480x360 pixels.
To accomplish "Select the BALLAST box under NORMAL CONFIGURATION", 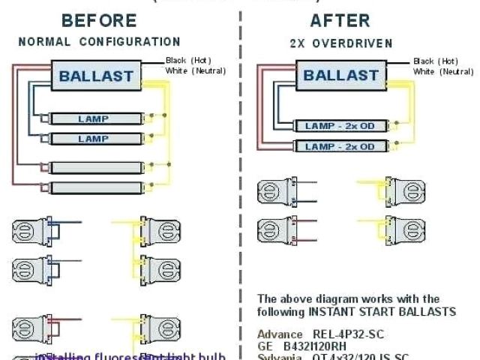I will [x=96, y=76].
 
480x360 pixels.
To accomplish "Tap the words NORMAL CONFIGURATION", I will [x=99, y=42].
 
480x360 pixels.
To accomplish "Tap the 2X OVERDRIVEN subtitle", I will [x=340, y=43].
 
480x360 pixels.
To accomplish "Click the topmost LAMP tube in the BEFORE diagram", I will [x=94, y=119].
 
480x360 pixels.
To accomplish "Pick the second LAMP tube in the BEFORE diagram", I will [x=94, y=139].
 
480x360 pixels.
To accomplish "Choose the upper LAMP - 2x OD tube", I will [x=340, y=126].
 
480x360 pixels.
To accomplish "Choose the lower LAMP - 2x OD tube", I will [x=340, y=147].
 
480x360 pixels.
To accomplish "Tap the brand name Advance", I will [x=275, y=333].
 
